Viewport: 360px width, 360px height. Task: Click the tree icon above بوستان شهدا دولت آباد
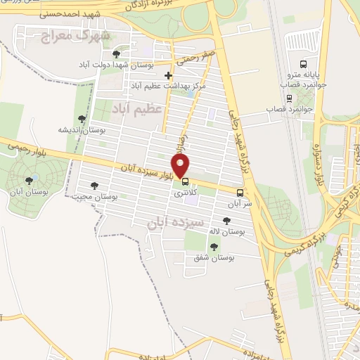point(116,54)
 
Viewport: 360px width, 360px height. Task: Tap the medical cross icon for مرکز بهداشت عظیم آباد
point(167,75)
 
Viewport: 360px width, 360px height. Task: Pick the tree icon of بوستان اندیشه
point(82,119)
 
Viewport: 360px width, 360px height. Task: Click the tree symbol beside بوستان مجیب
point(94,186)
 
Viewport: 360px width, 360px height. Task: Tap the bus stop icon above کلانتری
point(185,181)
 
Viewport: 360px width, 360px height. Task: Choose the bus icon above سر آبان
point(240,193)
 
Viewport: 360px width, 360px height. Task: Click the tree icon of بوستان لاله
point(225,221)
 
